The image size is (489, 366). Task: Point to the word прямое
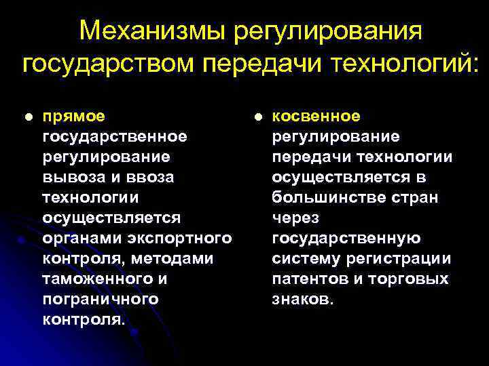click(74, 117)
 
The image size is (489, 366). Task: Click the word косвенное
click(316, 117)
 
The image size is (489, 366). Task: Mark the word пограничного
click(100, 300)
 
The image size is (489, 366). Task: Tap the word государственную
click(346, 239)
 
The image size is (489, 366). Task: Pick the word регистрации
click(405, 259)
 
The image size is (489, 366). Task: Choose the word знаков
click(303, 300)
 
